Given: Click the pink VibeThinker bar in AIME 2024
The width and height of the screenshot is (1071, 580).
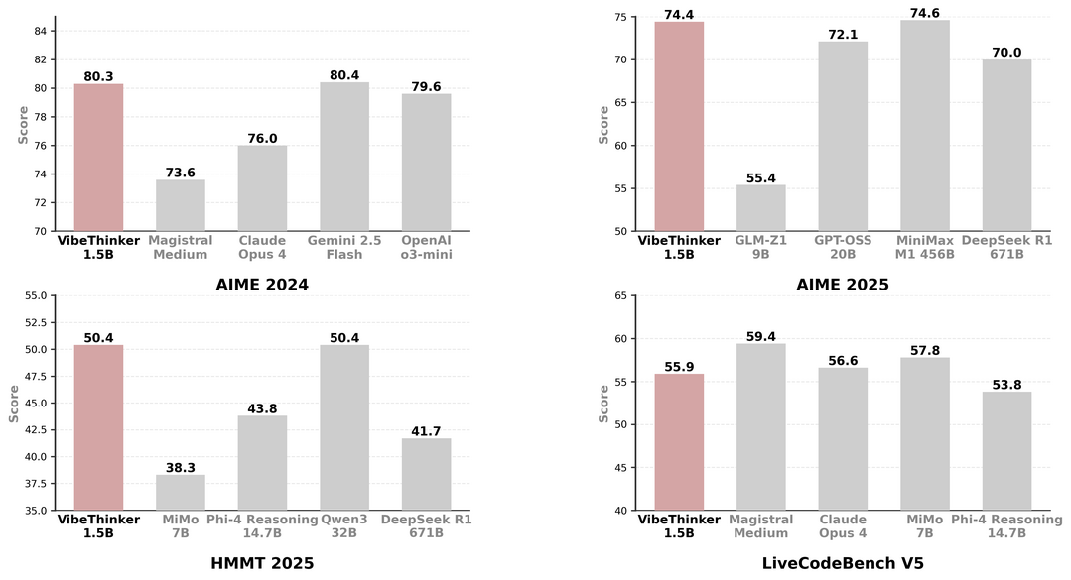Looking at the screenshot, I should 99,158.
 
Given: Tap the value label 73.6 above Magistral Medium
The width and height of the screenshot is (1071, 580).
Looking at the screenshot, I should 181,172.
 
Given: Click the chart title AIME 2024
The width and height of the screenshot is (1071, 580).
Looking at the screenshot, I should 262,285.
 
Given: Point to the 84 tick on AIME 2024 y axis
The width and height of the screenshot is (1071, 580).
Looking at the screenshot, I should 41,31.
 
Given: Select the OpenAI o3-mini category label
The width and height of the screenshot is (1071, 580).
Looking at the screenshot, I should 426,247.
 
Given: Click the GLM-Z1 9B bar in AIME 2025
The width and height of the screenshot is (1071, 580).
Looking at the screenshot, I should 761,208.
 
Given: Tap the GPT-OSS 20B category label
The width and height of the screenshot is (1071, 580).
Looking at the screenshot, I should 843,247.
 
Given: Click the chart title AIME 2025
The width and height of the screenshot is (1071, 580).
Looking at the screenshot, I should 843,285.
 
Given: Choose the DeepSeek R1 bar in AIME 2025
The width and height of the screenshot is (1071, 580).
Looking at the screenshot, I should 1007,146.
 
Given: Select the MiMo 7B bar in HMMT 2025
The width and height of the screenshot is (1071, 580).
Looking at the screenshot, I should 181,493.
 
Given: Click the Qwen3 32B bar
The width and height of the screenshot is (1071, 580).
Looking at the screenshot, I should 344,427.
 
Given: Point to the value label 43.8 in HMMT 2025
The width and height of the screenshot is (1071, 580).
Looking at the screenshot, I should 262,407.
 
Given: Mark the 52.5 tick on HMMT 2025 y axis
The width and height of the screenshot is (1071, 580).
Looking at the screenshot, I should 35,322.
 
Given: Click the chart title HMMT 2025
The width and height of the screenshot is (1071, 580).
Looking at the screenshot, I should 262,563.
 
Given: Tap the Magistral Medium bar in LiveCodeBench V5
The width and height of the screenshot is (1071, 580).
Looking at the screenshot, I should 761,427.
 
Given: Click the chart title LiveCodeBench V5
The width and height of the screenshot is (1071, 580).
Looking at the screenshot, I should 843,563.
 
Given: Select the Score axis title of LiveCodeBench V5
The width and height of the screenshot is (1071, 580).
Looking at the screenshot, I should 603,404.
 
